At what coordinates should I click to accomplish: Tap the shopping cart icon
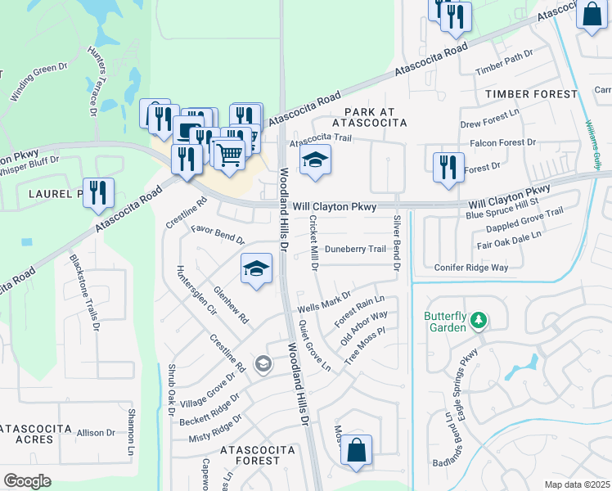tap(229, 152)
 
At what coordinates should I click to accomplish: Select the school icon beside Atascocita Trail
tap(315, 160)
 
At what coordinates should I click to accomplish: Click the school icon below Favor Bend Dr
tap(256, 269)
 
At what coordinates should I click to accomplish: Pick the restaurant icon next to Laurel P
tap(98, 193)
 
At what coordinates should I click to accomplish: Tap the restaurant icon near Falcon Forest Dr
tap(447, 166)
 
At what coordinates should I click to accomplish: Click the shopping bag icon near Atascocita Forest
tap(356, 450)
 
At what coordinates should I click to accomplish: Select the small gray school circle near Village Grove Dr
tap(263, 364)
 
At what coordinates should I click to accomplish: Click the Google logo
tap(28, 481)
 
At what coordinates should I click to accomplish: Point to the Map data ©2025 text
tap(577, 484)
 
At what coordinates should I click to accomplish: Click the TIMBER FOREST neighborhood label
tap(530, 94)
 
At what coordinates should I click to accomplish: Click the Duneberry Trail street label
tap(354, 249)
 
